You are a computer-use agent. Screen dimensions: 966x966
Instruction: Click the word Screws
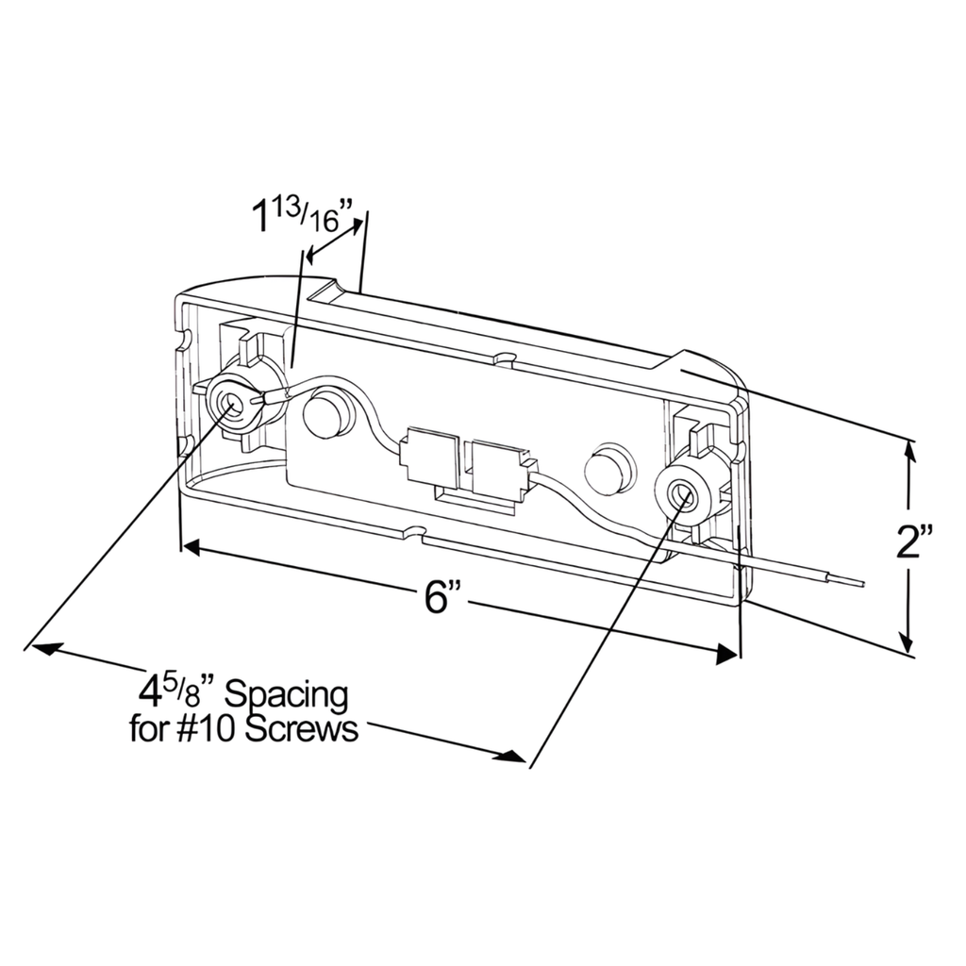click(x=303, y=729)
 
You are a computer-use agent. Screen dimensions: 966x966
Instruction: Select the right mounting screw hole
click(x=681, y=491)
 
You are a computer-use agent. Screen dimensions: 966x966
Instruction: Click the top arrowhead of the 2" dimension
click(x=908, y=450)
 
